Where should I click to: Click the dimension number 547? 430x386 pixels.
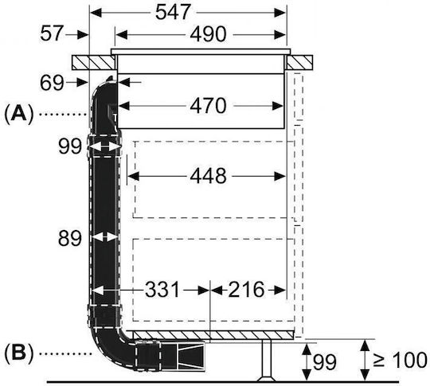tap(173, 13)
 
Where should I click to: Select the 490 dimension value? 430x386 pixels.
tap(208, 34)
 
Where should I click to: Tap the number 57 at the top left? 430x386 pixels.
tap(52, 33)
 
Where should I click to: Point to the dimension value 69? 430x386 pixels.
tap(52, 83)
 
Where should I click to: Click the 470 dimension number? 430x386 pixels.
tap(208, 106)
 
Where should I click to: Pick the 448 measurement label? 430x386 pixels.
tap(208, 176)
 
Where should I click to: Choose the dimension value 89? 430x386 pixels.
tap(70, 238)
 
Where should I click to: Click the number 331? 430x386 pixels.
tap(162, 290)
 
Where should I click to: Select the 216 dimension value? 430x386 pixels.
tap(246, 290)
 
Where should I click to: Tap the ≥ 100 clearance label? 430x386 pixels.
tap(400, 360)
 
